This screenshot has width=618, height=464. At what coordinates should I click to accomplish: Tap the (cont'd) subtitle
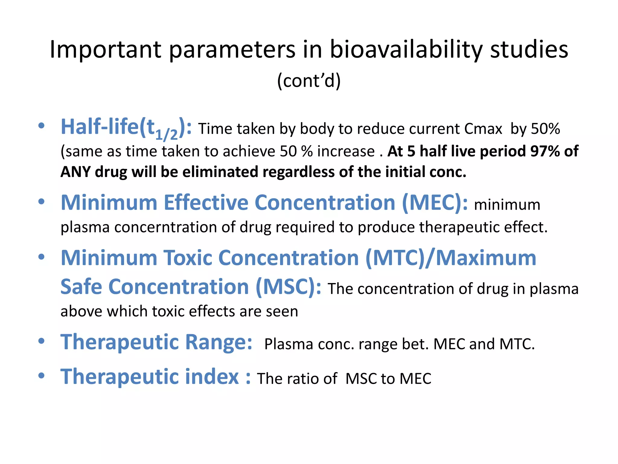pos(309,81)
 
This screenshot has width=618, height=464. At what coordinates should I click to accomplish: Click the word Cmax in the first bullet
pos(483,129)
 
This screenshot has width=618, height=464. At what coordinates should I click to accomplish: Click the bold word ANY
pos(75,172)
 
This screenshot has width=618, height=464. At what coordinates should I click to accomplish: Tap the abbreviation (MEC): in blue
pos(435,202)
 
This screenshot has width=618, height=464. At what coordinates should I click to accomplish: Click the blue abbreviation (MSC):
pos(288,287)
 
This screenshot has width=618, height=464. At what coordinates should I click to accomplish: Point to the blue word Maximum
pos(486,258)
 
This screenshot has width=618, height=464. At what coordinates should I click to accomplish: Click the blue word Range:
pos(218,342)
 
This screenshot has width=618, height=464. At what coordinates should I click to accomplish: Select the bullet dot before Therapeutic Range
pos(42,341)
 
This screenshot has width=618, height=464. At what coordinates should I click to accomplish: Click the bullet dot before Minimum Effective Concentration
pos(42,201)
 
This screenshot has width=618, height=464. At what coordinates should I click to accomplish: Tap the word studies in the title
pos(529,50)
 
